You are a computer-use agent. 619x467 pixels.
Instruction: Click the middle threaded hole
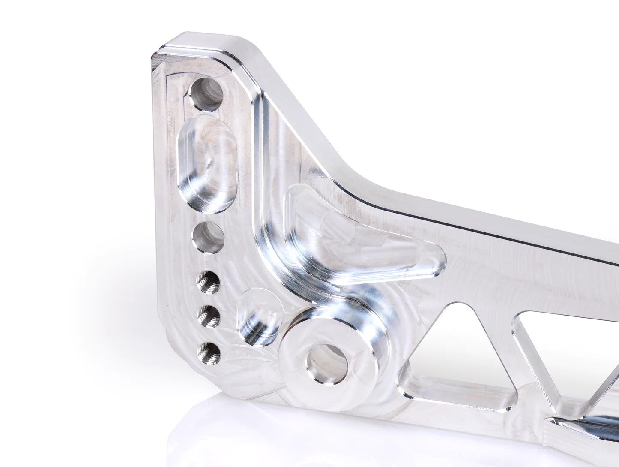point(209,317)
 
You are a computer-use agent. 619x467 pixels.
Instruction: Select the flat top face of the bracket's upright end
point(206,43)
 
